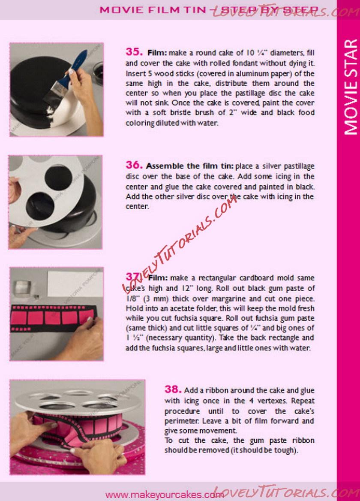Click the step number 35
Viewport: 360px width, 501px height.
click(134, 51)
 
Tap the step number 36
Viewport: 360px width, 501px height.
click(134, 165)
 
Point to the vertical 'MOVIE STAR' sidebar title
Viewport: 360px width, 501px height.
click(350, 87)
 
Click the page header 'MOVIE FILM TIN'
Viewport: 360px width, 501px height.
click(153, 9)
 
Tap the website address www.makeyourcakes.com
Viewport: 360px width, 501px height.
click(164, 495)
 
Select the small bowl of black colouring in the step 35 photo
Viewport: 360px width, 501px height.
click(98, 71)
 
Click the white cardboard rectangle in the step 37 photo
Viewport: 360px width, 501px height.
click(75, 284)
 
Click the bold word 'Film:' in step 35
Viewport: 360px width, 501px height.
click(157, 53)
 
